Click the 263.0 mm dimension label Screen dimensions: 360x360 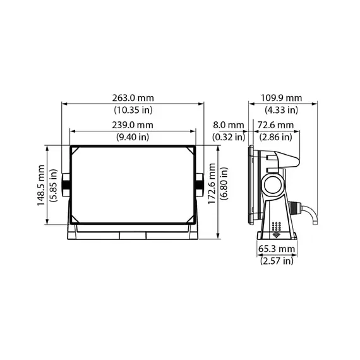pyautogui.click(x=133, y=98)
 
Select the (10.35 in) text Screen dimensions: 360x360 pyautogui.click(x=133, y=110)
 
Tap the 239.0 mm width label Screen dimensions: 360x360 pyautogui.click(x=133, y=125)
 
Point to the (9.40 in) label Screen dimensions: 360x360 pyautogui.click(x=133, y=137)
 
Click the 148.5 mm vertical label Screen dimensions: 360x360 pyautogui.click(x=41, y=185)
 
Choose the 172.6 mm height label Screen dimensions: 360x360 pyautogui.click(x=212, y=183)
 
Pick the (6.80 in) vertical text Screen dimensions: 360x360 pyautogui.click(x=224, y=183)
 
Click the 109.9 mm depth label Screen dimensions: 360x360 pyautogui.click(x=281, y=98)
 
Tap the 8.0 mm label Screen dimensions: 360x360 pyautogui.click(x=229, y=125)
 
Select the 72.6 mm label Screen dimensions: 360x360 pyautogui.click(x=275, y=125)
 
